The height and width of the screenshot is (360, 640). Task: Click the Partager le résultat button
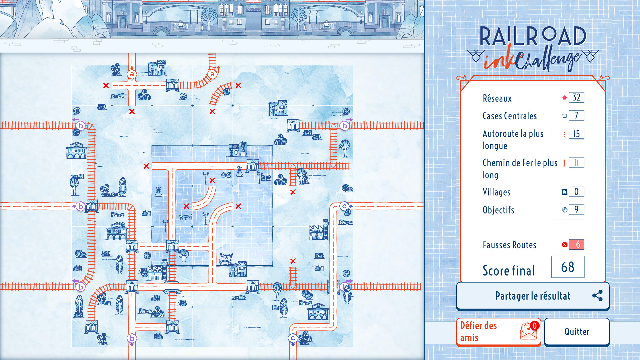tap(532, 296)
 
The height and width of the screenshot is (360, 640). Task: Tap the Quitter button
tap(577, 332)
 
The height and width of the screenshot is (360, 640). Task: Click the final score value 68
tap(568, 267)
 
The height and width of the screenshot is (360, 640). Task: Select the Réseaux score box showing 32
tap(576, 97)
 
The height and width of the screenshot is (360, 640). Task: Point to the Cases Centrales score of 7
tap(576, 115)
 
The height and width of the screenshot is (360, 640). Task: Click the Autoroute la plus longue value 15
tap(576, 134)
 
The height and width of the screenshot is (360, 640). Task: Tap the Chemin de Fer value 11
tap(576, 163)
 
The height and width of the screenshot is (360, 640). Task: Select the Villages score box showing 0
tap(576, 192)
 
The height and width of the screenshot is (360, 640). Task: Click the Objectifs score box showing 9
tap(576, 209)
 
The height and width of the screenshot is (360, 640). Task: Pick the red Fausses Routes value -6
tap(576, 244)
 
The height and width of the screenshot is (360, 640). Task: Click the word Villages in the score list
tap(496, 192)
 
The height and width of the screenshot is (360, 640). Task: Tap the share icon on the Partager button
tap(597, 296)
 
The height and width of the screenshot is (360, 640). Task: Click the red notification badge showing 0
tap(534, 325)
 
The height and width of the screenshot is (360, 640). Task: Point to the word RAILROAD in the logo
tap(533, 36)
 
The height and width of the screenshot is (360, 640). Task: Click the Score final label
tap(508, 271)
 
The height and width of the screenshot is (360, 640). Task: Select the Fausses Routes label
tap(509, 245)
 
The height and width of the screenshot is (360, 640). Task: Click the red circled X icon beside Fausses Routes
tap(565, 245)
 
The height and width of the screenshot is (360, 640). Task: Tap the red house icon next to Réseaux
tap(564, 98)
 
